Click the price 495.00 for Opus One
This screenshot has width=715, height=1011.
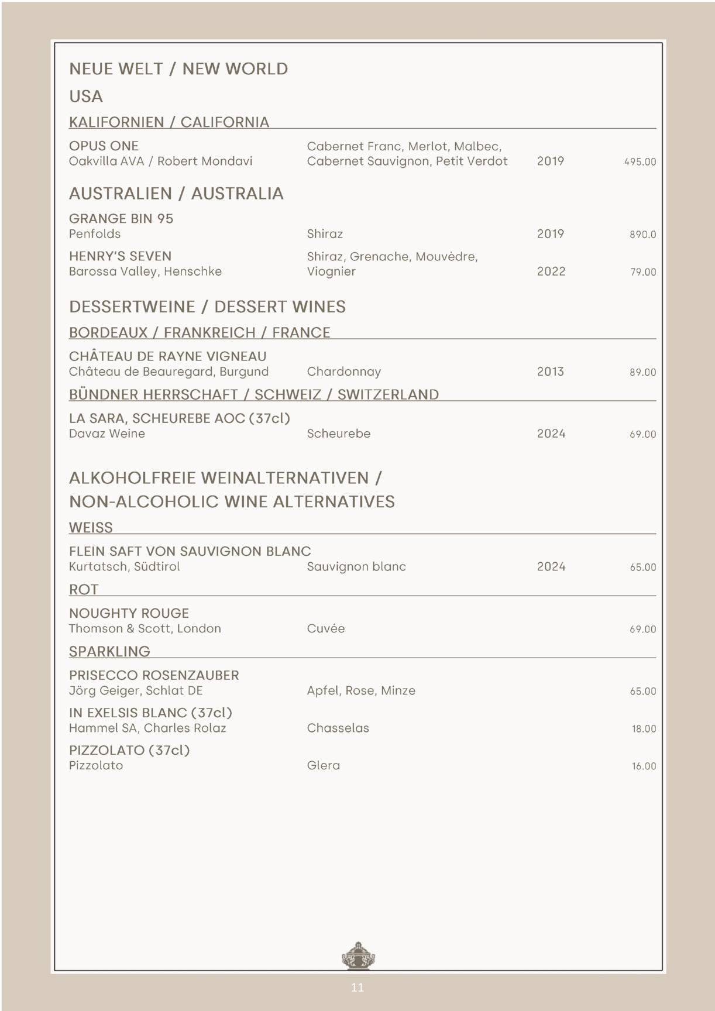tap(640, 162)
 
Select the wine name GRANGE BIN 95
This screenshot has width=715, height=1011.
tap(121, 219)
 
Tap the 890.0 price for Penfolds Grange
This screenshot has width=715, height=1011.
tap(642, 235)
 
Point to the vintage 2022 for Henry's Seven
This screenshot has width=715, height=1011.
tap(551, 271)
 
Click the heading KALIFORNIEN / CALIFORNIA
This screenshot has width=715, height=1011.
tap(169, 122)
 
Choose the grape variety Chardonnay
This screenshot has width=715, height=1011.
tap(343, 372)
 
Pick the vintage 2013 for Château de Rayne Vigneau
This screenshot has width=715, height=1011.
tap(550, 372)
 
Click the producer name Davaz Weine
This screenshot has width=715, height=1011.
tap(107, 434)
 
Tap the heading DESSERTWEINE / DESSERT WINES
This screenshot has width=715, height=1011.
tap(207, 307)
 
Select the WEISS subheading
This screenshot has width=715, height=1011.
tap(91, 527)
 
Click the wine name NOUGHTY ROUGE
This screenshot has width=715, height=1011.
tap(129, 613)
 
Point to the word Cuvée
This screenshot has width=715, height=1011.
tap(325, 628)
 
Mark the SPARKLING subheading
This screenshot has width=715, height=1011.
tap(109, 651)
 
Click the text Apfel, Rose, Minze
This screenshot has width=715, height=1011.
tap(361, 690)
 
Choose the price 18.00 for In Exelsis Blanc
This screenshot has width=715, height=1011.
tap(644, 729)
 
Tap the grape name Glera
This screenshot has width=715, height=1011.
tap(323, 765)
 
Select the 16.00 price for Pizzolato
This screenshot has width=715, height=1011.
tap(644, 766)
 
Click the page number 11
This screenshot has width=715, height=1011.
tap(357, 988)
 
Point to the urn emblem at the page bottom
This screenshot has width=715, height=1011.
tap(357, 956)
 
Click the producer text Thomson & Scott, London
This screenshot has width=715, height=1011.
tap(145, 628)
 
